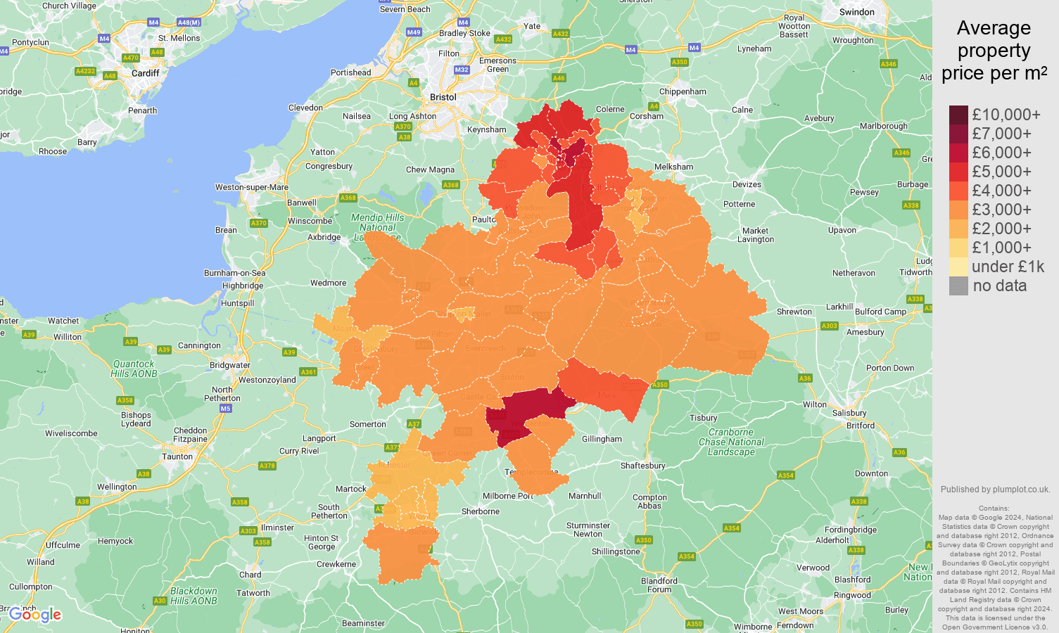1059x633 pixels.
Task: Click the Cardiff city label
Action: pyautogui.click(x=145, y=73)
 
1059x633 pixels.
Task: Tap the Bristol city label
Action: pyautogui.click(x=443, y=97)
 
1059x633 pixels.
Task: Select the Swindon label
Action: pyautogui.click(x=856, y=12)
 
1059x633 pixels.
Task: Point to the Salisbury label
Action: pyautogui.click(x=849, y=413)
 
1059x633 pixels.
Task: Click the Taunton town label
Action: pyautogui.click(x=177, y=456)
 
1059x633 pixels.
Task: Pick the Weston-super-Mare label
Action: pyautogui.click(x=251, y=187)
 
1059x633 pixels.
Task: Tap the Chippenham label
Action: pyautogui.click(x=683, y=91)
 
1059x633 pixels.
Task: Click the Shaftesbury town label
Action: pyautogui.click(x=642, y=466)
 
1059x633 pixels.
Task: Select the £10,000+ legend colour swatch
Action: pyautogui.click(x=958, y=115)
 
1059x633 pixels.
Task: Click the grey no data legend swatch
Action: pyautogui.click(x=958, y=286)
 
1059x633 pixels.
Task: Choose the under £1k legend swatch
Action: pyautogui.click(x=958, y=267)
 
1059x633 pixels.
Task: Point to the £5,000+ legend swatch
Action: pyautogui.click(x=958, y=172)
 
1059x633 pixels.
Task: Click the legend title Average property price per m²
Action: pyautogui.click(x=994, y=51)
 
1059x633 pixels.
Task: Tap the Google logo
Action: pyautogui.click(x=35, y=615)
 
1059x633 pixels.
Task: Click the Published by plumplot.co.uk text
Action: pyautogui.click(x=995, y=490)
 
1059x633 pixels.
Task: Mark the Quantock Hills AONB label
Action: pyautogui.click(x=134, y=369)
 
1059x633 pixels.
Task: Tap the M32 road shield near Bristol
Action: pyautogui.click(x=462, y=70)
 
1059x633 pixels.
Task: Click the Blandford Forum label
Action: pyautogui.click(x=659, y=585)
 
